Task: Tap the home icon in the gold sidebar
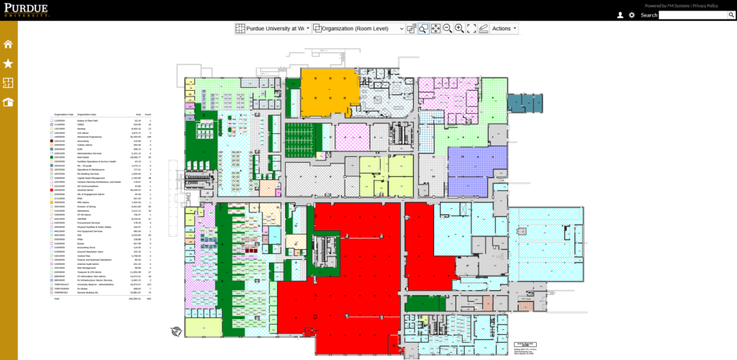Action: point(8,45)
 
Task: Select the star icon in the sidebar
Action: point(8,64)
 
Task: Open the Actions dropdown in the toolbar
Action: point(504,28)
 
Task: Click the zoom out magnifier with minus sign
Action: point(447,28)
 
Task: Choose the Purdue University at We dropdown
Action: point(273,28)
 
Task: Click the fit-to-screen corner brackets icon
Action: point(471,28)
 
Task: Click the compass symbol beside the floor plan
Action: point(175,331)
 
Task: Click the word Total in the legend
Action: point(56,298)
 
